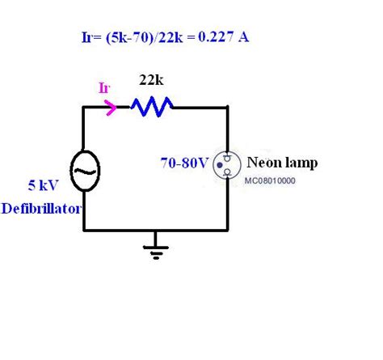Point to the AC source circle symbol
point(84,169)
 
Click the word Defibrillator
point(40,208)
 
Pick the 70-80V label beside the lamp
point(184,163)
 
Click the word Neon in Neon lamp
point(261,163)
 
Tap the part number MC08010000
point(270,180)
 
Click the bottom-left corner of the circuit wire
point(84,230)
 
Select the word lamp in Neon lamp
point(298,163)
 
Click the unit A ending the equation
point(243,37)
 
